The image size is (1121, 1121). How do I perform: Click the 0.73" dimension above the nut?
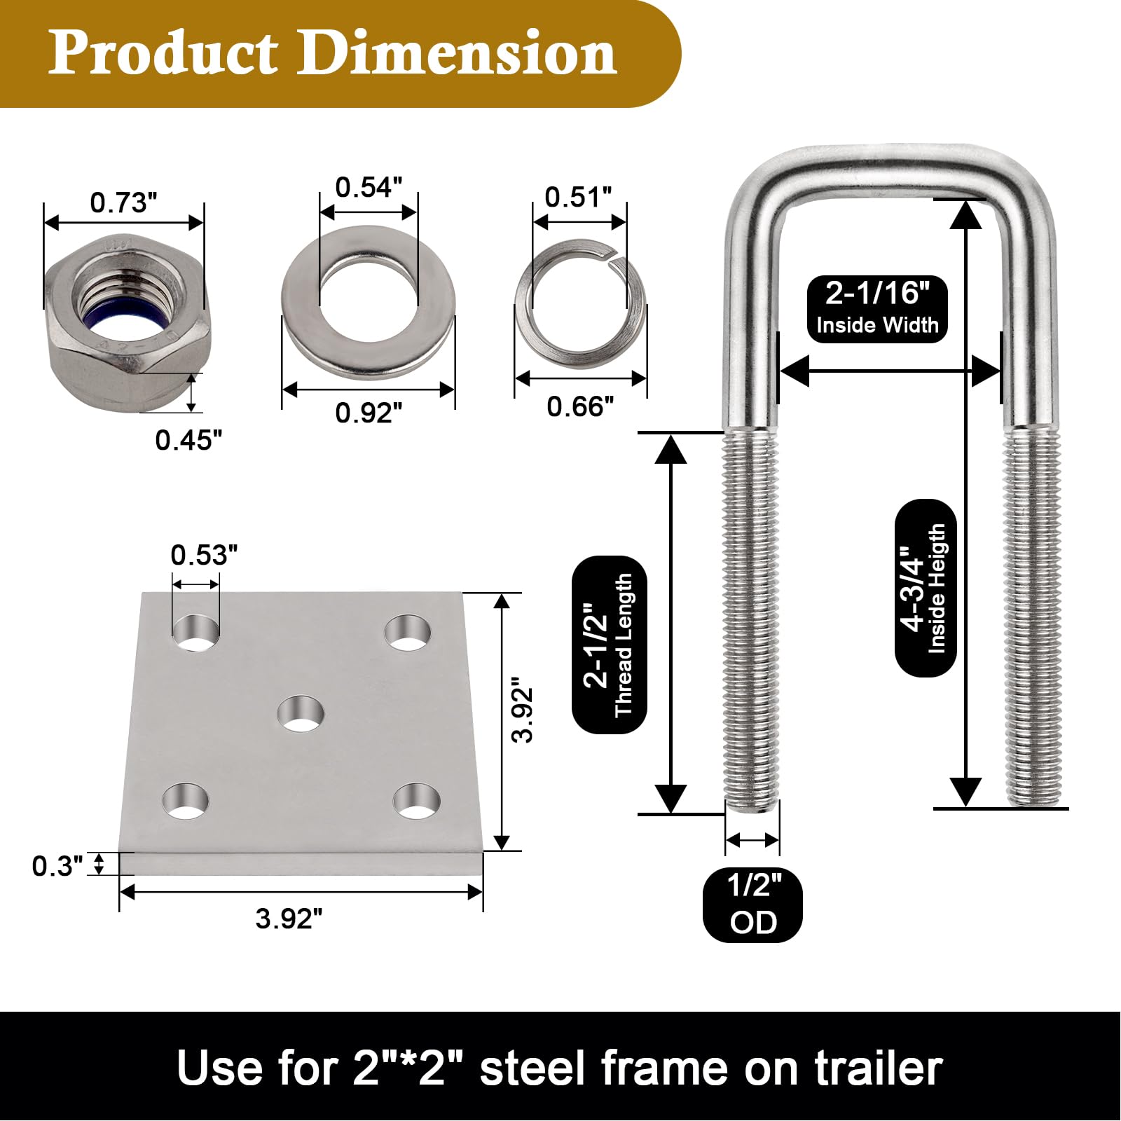coord(123,202)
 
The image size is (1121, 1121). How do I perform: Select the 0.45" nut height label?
coord(188,440)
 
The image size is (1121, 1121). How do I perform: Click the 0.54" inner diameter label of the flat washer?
coord(369,187)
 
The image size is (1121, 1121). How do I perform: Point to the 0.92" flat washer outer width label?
coord(369,413)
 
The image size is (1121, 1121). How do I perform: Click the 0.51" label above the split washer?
coord(578,197)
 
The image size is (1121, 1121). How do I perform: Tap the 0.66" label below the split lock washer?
coord(580,406)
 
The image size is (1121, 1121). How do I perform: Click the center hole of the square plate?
coord(301,714)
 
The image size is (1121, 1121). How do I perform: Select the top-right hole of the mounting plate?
coord(408,632)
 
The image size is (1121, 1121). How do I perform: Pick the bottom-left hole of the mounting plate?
coord(186,802)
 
